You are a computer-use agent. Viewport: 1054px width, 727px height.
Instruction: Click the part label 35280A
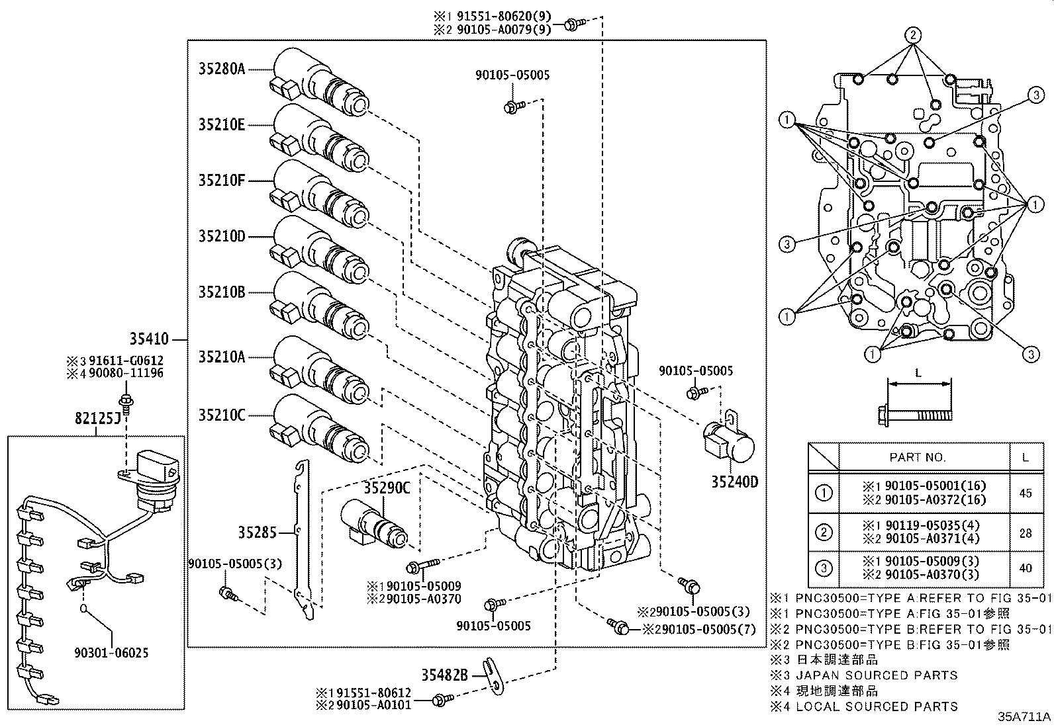point(222,68)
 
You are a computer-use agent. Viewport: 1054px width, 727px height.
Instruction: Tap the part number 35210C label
point(222,415)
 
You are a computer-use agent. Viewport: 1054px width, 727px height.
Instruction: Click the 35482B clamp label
point(445,675)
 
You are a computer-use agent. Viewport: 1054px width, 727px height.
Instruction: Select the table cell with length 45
point(1026,493)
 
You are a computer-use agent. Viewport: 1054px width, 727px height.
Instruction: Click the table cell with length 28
point(1026,533)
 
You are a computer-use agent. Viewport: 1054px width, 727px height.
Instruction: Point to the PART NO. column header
point(917,457)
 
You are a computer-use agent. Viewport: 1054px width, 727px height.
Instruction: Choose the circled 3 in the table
point(824,568)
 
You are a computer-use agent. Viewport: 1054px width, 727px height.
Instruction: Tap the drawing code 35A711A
point(1024,716)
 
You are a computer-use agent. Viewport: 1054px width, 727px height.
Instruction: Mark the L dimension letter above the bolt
point(918,373)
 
